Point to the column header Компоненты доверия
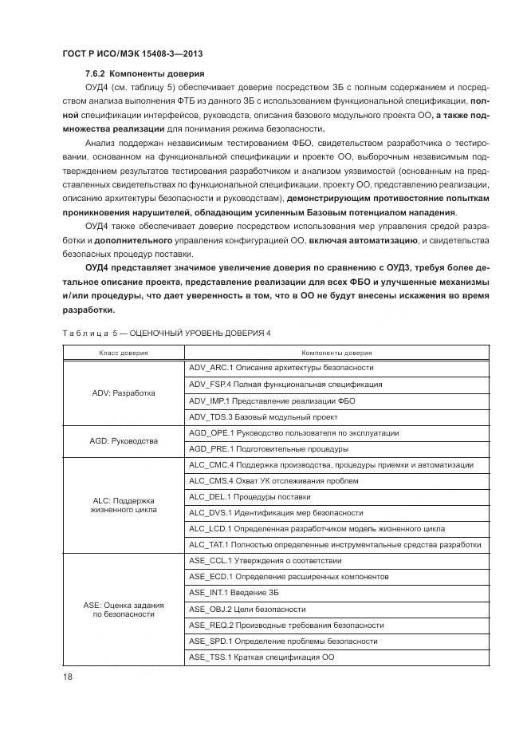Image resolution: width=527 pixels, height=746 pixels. click(336, 352)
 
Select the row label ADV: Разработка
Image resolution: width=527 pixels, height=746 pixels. click(124, 393)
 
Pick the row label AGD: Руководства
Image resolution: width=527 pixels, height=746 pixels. click(124, 440)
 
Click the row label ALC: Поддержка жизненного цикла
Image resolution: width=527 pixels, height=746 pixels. click(124, 504)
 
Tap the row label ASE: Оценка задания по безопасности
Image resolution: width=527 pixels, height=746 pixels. click(124, 610)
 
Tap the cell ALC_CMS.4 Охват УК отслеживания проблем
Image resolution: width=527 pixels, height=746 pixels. click(273, 480)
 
